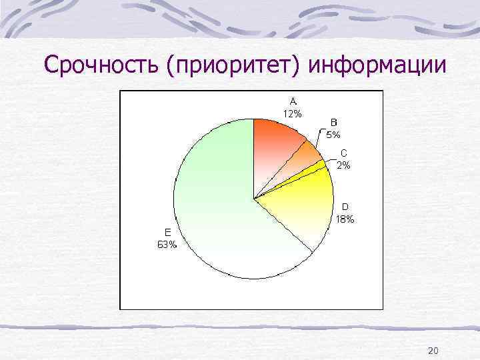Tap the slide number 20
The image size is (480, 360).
[x=433, y=351]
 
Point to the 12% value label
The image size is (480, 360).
[x=292, y=113]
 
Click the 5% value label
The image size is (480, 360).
[x=333, y=134]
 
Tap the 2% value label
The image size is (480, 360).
[x=344, y=166]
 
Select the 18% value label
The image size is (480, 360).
[x=345, y=219]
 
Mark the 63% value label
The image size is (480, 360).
[x=167, y=245]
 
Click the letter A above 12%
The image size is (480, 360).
[x=292, y=101]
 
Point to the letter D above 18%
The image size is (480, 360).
[x=345, y=207]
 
